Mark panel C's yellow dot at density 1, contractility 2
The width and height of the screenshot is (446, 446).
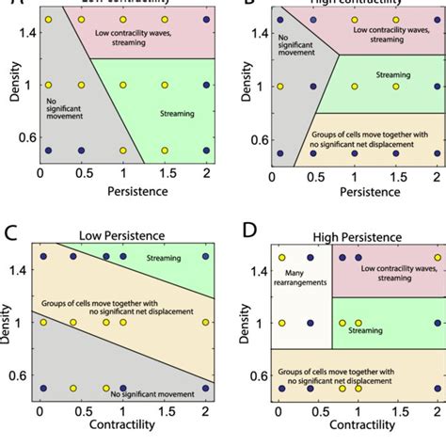coord(205,323)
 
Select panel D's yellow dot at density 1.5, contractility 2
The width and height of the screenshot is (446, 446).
coord(438,257)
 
